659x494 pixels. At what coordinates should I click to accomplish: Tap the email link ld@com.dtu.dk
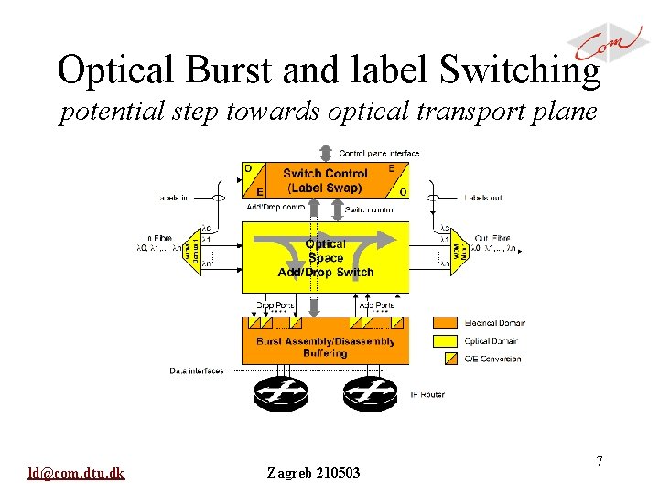tap(77, 473)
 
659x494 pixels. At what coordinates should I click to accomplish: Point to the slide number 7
tap(600, 462)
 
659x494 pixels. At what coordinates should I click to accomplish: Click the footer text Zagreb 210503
tap(313, 473)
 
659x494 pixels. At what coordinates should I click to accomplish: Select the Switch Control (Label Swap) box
tap(325, 180)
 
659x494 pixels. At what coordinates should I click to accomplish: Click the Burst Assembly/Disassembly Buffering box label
tap(326, 347)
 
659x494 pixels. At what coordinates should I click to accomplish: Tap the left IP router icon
tap(282, 393)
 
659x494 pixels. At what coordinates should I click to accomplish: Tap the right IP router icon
tap(370, 393)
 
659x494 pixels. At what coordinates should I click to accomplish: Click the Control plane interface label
tap(379, 153)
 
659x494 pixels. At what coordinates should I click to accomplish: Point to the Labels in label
tap(172, 197)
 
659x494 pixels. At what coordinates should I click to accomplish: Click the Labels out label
tap(482, 197)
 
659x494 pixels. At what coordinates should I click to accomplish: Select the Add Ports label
tap(378, 305)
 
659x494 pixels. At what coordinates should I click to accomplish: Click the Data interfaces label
tap(197, 370)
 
